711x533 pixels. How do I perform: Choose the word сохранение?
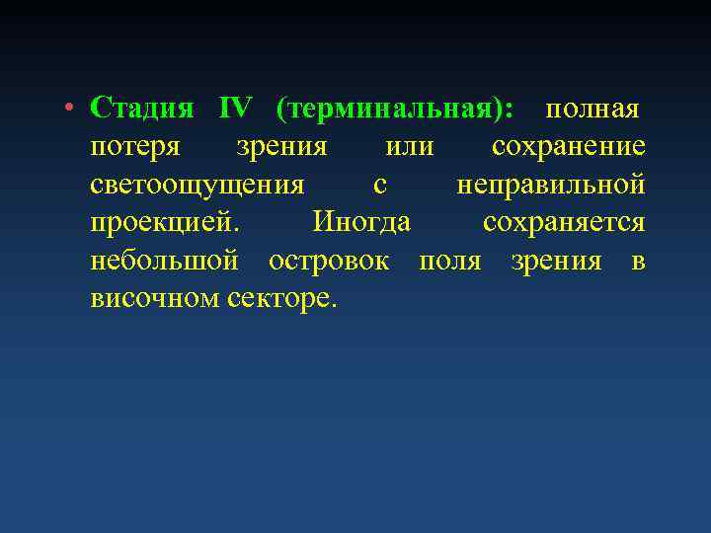tap(569, 147)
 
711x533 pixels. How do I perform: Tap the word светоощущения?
tap(197, 185)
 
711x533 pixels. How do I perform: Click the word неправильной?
tap(551, 185)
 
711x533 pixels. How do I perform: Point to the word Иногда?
tap(361, 222)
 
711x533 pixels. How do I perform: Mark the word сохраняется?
tap(564, 222)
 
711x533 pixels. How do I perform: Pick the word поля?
tap(449, 261)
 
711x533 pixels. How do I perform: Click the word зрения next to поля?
tap(556, 261)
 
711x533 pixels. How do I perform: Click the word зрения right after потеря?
tap(281, 147)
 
